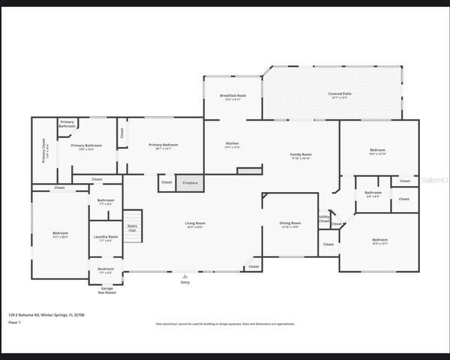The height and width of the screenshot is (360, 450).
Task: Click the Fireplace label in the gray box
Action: pos(190,182)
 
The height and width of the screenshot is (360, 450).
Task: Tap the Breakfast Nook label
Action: pos(232,96)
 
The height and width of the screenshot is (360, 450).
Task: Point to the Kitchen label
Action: pos(232,143)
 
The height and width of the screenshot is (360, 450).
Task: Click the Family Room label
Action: pos(301,154)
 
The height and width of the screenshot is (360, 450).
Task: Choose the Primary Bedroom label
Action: pos(163,145)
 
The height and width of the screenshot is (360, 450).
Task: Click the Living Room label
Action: pos(196,223)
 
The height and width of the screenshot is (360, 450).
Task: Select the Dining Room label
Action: pos(290,223)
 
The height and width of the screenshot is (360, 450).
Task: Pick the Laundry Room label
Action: pos(106,237)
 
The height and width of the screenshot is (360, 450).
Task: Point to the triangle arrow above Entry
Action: pos(184,276)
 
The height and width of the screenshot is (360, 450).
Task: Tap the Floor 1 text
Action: pos(14,322)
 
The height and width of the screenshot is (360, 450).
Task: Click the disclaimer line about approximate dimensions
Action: pos(225,324)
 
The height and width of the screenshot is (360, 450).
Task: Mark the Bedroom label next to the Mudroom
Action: pos(60,234)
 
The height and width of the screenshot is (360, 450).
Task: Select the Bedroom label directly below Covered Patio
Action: pos(377,150)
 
